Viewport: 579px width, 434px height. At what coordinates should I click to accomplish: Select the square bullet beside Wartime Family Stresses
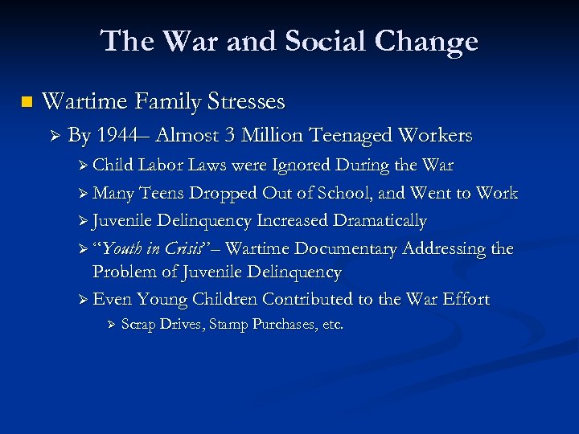click(25, 102)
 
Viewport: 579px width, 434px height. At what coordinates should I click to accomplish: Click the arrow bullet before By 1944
click(55, 136)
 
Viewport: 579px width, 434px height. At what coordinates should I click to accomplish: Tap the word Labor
click(160, 166)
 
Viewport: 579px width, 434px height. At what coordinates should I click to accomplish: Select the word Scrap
click(138, 325)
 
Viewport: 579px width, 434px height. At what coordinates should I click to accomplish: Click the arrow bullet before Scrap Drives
click(113, 325)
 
